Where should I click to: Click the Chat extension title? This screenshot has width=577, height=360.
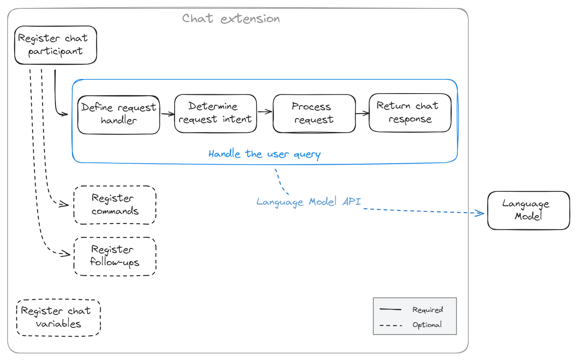pos(231,19)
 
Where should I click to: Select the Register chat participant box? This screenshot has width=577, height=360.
pos(56,45)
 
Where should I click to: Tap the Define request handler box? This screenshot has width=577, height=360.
pos(119,114)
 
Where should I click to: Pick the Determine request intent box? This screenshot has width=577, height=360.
pos(215,113)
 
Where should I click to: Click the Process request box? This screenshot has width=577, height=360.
pos(314,113)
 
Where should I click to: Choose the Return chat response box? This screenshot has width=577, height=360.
pos(410,113)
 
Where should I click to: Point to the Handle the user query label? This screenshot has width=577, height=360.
pos(264,154)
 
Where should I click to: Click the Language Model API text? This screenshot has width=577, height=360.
pos(309,202)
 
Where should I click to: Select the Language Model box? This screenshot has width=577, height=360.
pos(528,210)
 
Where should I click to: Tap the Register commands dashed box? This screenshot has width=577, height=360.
pos(115,205)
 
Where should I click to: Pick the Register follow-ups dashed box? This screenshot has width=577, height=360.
pos(115,256)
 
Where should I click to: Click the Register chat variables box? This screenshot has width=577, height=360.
pos(58,317)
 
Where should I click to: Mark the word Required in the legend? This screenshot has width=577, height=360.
pos(428,310)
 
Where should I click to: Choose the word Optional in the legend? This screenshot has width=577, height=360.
pos(427,325)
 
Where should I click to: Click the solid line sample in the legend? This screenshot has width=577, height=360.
pos(390,310)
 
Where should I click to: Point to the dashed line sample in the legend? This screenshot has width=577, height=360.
pos(390,325)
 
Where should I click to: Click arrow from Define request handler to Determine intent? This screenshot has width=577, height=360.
pos(167,114)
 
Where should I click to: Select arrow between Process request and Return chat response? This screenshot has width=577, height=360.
pos(362,113)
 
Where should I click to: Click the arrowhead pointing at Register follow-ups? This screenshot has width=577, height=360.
pos(65,254)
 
